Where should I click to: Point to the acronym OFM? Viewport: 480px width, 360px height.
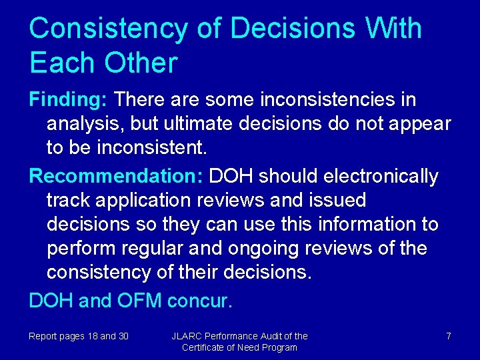139,301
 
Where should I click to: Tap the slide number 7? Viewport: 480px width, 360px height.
449,336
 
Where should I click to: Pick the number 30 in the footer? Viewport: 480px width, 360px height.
123,336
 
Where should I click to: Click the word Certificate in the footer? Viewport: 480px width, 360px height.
205,348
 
